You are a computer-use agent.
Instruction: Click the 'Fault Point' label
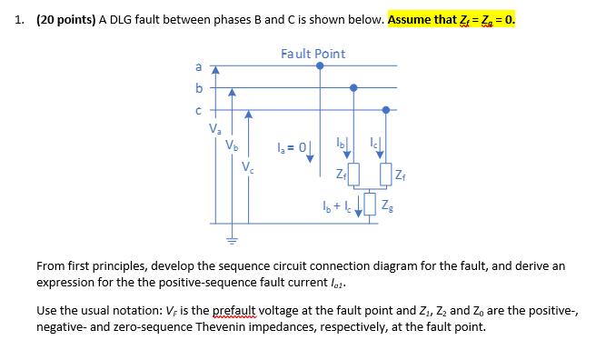point(313,54)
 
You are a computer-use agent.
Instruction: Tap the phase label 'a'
point(199,67)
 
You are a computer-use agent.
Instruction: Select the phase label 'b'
point(199,88)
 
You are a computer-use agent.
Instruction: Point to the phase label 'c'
point(199,110)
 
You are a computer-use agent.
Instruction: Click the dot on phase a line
point(320,65)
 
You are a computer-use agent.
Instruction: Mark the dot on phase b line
point(353,88)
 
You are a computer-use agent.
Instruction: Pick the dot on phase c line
point(386,110)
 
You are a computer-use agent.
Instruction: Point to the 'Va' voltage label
point(215,129)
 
